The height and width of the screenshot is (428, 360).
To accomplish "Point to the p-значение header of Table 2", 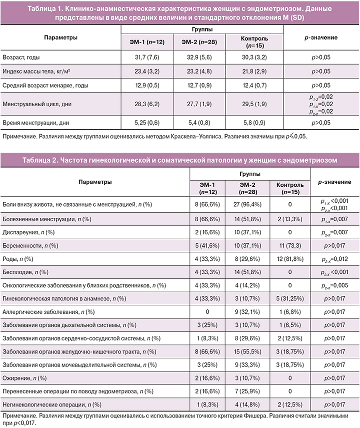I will point(335,181).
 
